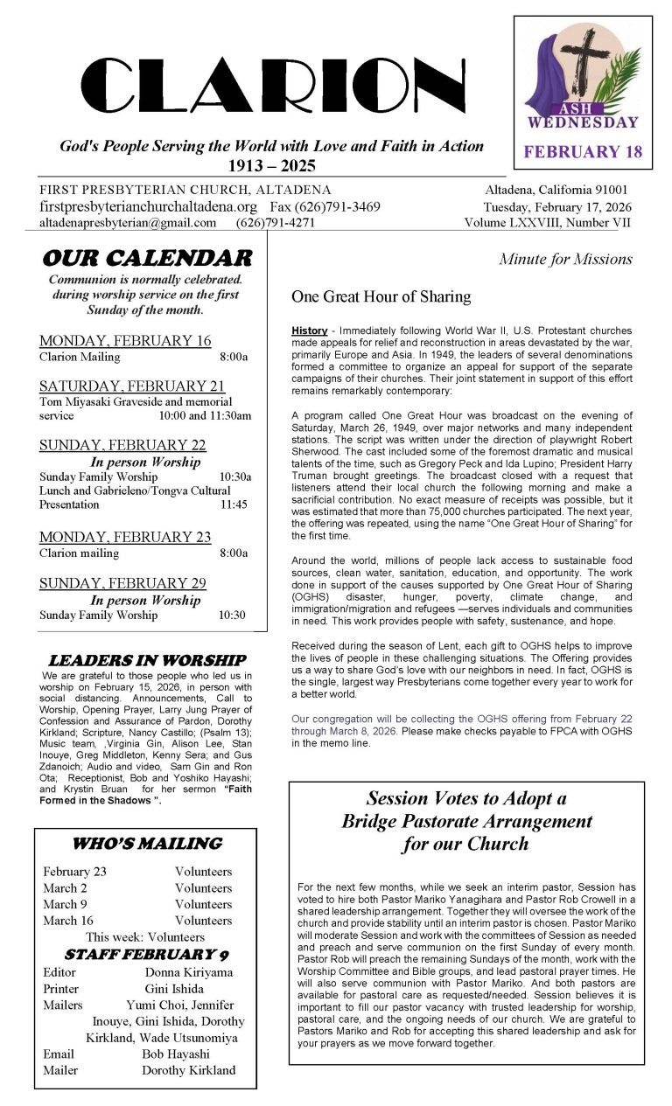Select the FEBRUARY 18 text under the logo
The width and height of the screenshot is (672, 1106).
coord(583,151)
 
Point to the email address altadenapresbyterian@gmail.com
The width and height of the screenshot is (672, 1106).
coord(128,223)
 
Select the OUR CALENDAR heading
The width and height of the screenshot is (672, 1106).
coord(146,258)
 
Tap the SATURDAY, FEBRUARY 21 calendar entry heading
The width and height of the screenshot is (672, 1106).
coord(132,386)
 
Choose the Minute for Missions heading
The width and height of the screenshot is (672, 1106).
coord(565,259)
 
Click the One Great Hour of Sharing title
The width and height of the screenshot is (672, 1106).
coord(381,296)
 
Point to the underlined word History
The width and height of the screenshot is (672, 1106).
coord(310,330)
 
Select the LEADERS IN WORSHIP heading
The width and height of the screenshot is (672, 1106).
coord(146,660)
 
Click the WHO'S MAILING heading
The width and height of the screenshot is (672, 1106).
coord(146,844)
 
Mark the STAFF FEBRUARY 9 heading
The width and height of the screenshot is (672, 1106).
coord(146,954)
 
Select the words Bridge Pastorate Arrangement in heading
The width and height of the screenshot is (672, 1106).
coord(466,821)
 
